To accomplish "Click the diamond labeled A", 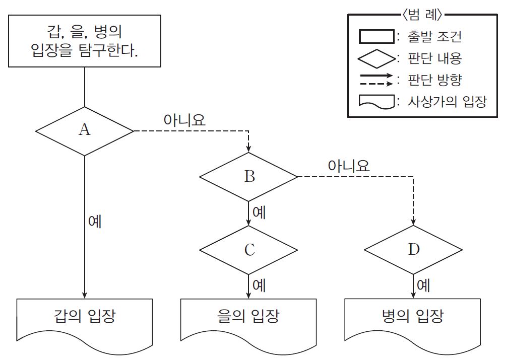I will point(84,131).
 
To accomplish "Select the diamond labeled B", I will point(249,177).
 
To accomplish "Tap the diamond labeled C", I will point(249,250).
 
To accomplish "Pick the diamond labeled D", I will point(413,250).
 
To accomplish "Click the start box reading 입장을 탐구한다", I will point(84,41).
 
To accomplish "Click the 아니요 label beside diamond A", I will point(184,121).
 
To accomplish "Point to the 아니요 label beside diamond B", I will point(349,166).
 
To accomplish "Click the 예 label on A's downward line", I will point(94,222).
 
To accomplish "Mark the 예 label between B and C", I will point(259,212).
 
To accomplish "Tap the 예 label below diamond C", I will point(259,285).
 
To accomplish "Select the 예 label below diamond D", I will point(423,285).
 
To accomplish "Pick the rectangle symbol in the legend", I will point(375,37).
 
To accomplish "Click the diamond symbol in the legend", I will point(375,58).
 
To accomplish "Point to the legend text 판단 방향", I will point(436,80).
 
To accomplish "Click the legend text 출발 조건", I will point(436,37).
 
